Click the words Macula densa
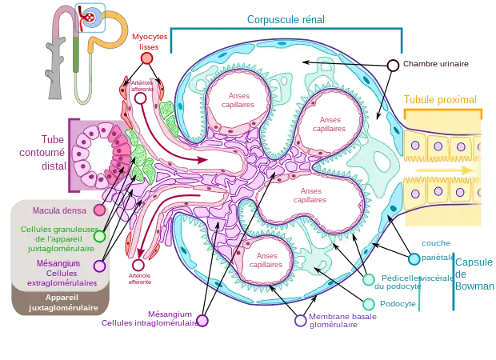(59, 211)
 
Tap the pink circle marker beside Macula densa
(98, 210)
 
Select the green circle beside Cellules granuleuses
(98, 237)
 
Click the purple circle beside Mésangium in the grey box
(98, 265)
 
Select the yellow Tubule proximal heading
(440, 101)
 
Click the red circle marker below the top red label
(146, 58)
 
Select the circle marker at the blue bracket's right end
(393, 66)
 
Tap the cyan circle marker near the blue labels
(414, 259)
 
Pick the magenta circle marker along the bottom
(202, 321)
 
